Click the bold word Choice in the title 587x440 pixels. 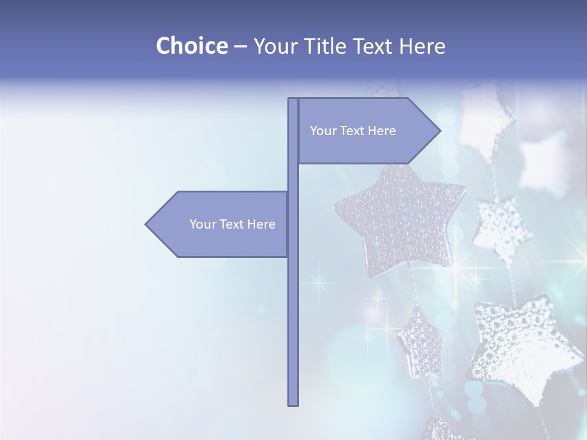tap(191, 46)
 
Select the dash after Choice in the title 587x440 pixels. tap(240, 46)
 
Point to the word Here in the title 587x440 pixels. tap(422, 46)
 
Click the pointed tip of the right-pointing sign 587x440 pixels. tap(439, 131)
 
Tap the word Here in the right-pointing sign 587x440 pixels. tap(382, 131)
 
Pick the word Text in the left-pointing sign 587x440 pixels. tap(232, 224)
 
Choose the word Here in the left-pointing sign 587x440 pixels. tap(262, 224)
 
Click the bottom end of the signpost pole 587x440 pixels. tap(293, 404)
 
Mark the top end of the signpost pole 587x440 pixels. tap(293, 100)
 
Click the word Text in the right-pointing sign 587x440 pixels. tap(353, 131)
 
